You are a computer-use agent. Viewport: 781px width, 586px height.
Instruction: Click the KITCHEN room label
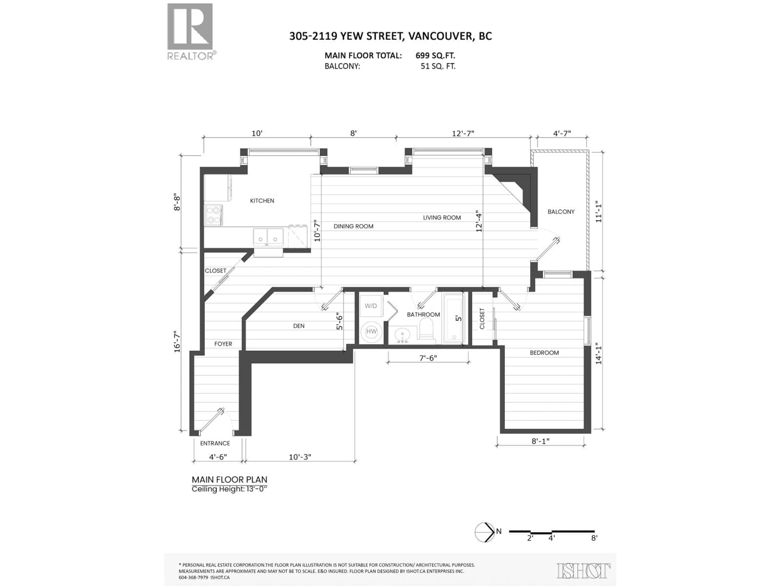[262, 201]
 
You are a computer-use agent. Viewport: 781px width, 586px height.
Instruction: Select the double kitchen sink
[268, 237]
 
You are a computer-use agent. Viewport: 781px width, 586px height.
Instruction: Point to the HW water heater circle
[371, 331]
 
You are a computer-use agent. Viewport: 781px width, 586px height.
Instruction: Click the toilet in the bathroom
[426, 328]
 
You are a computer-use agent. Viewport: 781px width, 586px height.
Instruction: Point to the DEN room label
[299, 326]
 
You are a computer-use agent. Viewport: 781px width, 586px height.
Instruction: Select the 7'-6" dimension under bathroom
[428, 358]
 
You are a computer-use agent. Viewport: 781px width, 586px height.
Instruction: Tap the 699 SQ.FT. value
[435, 56]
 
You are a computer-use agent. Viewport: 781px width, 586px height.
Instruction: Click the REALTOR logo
[190, 32]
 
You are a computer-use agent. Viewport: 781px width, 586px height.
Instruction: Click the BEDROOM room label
[544, 353]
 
